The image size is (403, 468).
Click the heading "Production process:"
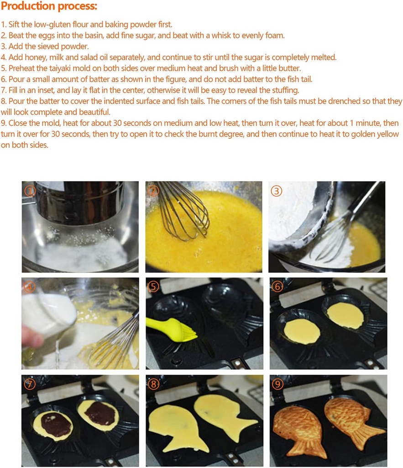[49, 7]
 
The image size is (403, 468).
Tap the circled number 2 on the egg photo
[153, 190]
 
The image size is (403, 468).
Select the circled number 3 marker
[277, 191]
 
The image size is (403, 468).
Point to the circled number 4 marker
[30, 287]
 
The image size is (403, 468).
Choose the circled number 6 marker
[277, 287]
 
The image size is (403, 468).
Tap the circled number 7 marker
[30, 384]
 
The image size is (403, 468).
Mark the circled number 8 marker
[154, 384]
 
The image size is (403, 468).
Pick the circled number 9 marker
[277, 384]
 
